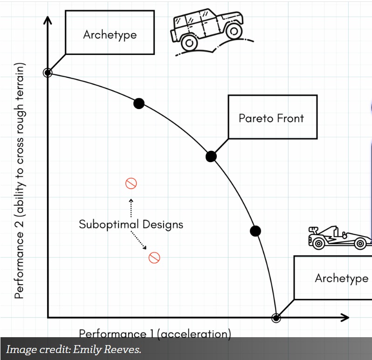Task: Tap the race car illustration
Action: (339, 238)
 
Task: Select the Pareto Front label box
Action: (272, 117)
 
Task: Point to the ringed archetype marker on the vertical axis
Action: (48, 73)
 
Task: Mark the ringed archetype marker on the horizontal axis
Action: (276, 318)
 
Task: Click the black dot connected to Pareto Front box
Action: (211, 156)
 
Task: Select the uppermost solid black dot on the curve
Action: (138, 103)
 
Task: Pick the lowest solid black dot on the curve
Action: (255, 231)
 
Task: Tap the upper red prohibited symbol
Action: (131, 183)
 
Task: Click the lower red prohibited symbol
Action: (154, 258)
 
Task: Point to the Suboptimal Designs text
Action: (131, 224)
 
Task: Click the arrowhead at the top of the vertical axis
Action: (48, 20)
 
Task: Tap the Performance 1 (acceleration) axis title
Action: (155, 333)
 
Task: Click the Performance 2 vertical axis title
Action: (19, 182)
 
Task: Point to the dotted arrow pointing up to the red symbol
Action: (131, 207)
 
